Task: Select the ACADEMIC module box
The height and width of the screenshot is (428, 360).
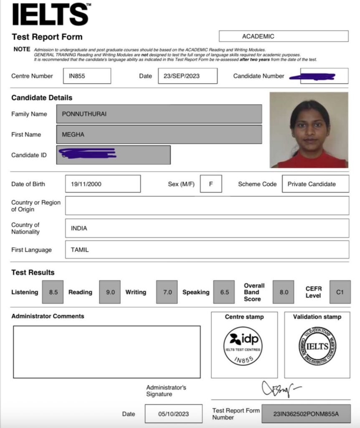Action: [283, 36]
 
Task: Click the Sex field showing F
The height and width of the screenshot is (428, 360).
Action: [211, 184]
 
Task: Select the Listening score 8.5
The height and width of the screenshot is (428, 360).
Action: [53, 292]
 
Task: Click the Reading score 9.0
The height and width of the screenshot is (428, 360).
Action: [110, 292]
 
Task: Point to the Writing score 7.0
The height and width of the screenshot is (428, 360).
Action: [167, 292]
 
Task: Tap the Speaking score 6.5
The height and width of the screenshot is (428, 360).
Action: [224, 292]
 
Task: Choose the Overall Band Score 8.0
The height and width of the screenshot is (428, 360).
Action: [284, 292]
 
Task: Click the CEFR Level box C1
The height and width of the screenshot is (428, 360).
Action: [340, 292]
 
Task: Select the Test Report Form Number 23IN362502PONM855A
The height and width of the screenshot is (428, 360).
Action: [306, 414]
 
